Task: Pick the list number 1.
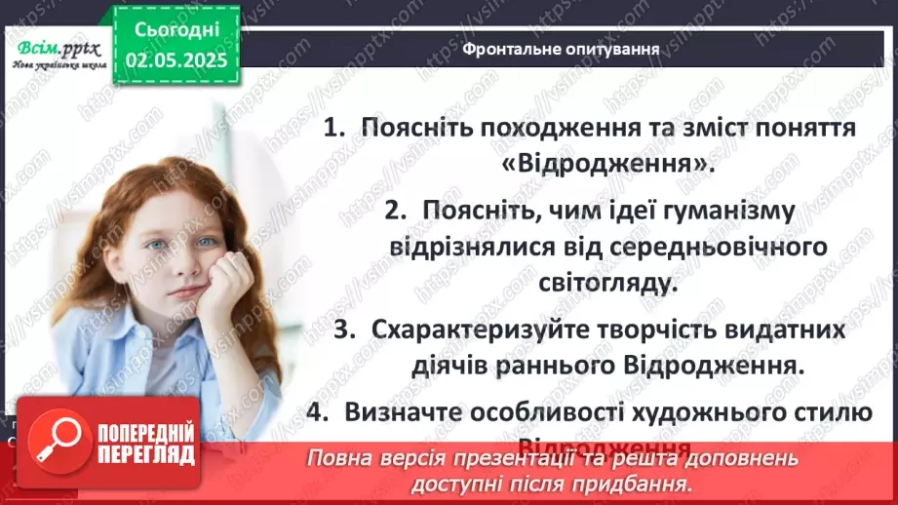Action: [x=334, y=129]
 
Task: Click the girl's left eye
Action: [x=207, y=243]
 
